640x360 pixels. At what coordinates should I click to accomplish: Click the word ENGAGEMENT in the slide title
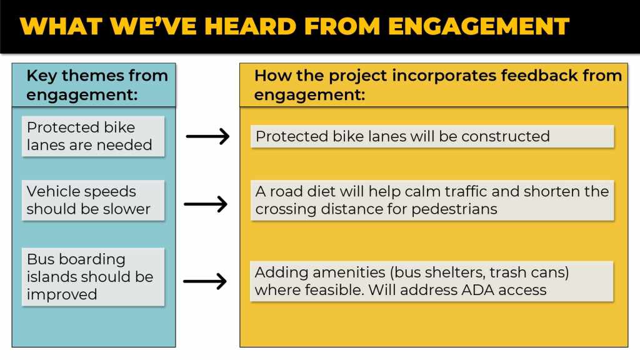click(x=478, y=26)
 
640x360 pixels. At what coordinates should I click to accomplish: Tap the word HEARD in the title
click(x=250, y=26)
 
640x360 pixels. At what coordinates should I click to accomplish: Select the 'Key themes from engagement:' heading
click(x=97, y=85)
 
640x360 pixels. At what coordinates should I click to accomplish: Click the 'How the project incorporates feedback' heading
click(x=438, y=85)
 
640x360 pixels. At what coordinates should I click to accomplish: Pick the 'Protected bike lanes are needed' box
click(x=93, y=136)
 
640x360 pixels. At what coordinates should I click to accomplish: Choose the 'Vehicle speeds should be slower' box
click(x=93, y=201)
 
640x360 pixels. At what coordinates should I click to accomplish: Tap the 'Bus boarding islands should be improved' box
click(x=93, y=277)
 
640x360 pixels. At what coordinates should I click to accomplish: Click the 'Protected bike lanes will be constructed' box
click(x=432, y=136)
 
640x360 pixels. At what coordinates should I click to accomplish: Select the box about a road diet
click(x=432, y=201)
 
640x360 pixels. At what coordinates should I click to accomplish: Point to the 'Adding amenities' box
click(x=432, y=281)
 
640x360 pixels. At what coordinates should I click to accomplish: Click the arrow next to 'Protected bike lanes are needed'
click(x=207, y=136)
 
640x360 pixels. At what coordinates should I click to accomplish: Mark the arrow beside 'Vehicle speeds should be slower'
click(x=206, y=204)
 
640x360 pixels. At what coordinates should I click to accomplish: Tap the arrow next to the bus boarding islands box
click(x=205, y=281)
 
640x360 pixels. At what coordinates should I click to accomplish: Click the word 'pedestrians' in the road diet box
click(x=454, y=209)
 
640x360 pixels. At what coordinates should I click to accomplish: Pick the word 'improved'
click(x=62, y=294)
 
